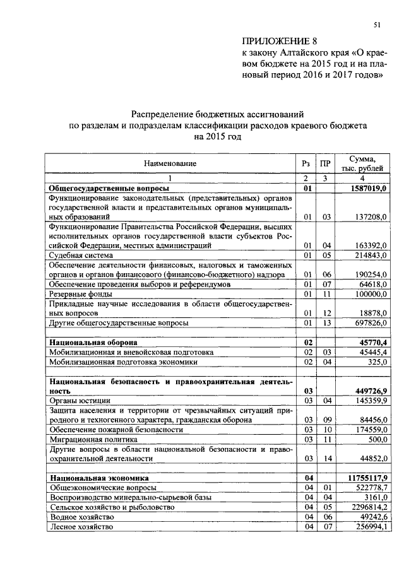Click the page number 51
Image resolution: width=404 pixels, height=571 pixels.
click(x=377, y=25)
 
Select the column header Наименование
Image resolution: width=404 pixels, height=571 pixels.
click(x=170, y=163)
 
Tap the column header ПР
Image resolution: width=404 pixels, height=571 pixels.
click(x=324, y=163)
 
